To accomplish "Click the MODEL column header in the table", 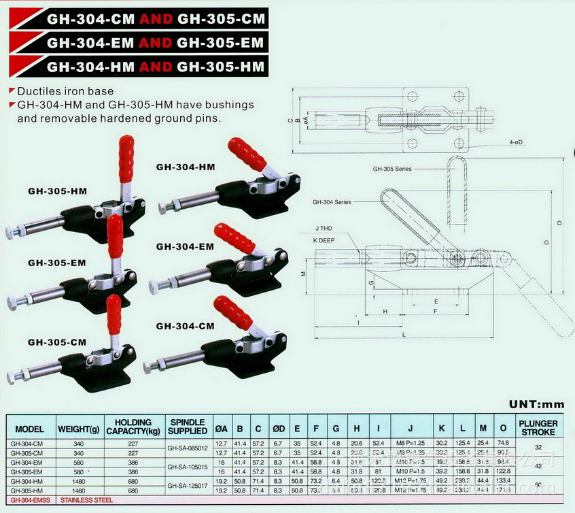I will (29, 429).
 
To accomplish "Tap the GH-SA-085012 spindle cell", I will (188, 448).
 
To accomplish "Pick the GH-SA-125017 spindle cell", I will (188, 485).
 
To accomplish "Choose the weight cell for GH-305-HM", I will (78, 490).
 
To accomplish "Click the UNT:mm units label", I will (537, 403).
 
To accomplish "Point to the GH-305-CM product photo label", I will (56, 342).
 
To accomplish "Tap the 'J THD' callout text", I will (324, 229).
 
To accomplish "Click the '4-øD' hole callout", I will (521, 143).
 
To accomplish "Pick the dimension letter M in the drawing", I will (304, 273).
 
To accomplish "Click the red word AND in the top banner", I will (156, 17).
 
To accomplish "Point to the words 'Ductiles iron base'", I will (65, 90).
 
